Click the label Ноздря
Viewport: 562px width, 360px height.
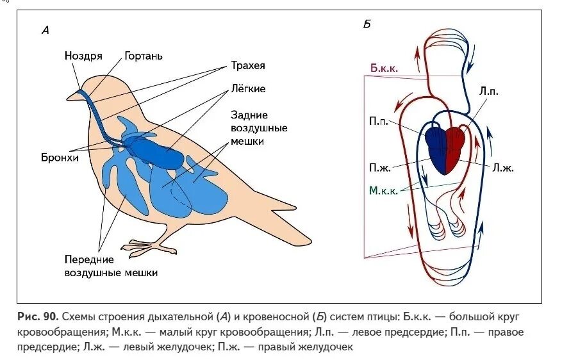tap(83, 56)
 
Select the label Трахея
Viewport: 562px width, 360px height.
tap(249, 66)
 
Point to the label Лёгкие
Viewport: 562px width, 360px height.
tap(249, 89)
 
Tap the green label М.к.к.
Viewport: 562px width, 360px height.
tap(384, 190)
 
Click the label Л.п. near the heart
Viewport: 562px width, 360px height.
tap(488, 92)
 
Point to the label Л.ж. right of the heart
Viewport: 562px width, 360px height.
tap(503, 167)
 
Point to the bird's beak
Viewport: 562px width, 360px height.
tap(72, 97)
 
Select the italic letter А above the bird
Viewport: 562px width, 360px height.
tap(45, 29)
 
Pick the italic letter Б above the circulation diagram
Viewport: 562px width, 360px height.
tap(367, 24)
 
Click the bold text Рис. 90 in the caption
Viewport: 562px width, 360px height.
tap(38, 316)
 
